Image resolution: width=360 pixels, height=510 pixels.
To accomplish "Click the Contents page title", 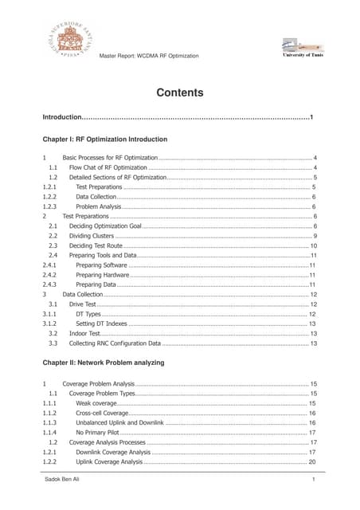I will pos(179,92).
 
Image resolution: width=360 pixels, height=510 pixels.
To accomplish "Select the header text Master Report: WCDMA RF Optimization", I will pos(149,55).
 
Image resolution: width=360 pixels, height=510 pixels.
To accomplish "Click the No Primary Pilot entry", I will pos(99,433).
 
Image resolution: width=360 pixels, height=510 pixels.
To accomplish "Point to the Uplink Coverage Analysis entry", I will pos(109,462).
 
